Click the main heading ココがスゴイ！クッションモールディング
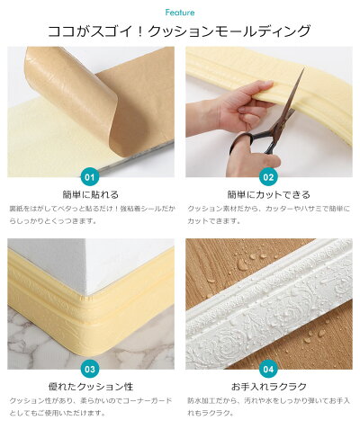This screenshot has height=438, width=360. coord(180,32)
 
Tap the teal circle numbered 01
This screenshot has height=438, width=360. coord(90,176)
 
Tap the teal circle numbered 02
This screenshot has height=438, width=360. coord(269,176)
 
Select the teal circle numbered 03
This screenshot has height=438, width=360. coord(90,368)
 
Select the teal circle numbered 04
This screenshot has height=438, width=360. coord(269,368)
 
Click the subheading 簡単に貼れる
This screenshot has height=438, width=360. coord(90,194)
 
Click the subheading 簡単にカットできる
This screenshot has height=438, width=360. coord(269,194)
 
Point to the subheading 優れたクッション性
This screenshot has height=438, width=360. coord(90,386)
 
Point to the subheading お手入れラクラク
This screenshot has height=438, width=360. coord(269,386)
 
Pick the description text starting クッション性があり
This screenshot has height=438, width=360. coord(90,407)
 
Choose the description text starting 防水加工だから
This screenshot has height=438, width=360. coord(269,407)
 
